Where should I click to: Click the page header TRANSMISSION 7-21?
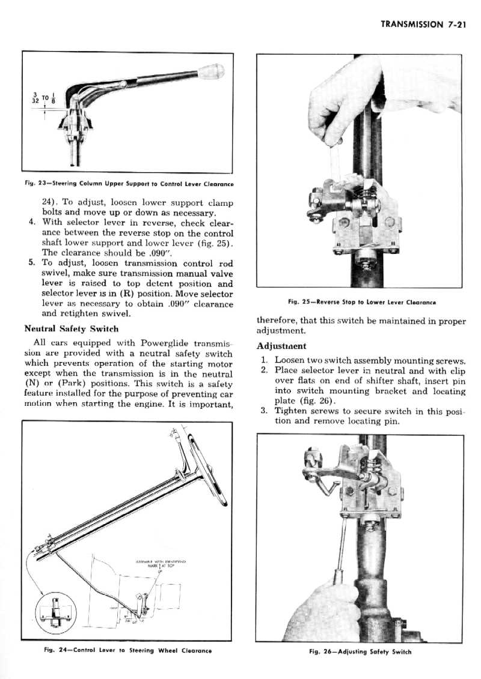click(424, 25)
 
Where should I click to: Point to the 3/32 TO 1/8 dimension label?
click(45, 99)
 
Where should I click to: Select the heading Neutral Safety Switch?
click(71, 328)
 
